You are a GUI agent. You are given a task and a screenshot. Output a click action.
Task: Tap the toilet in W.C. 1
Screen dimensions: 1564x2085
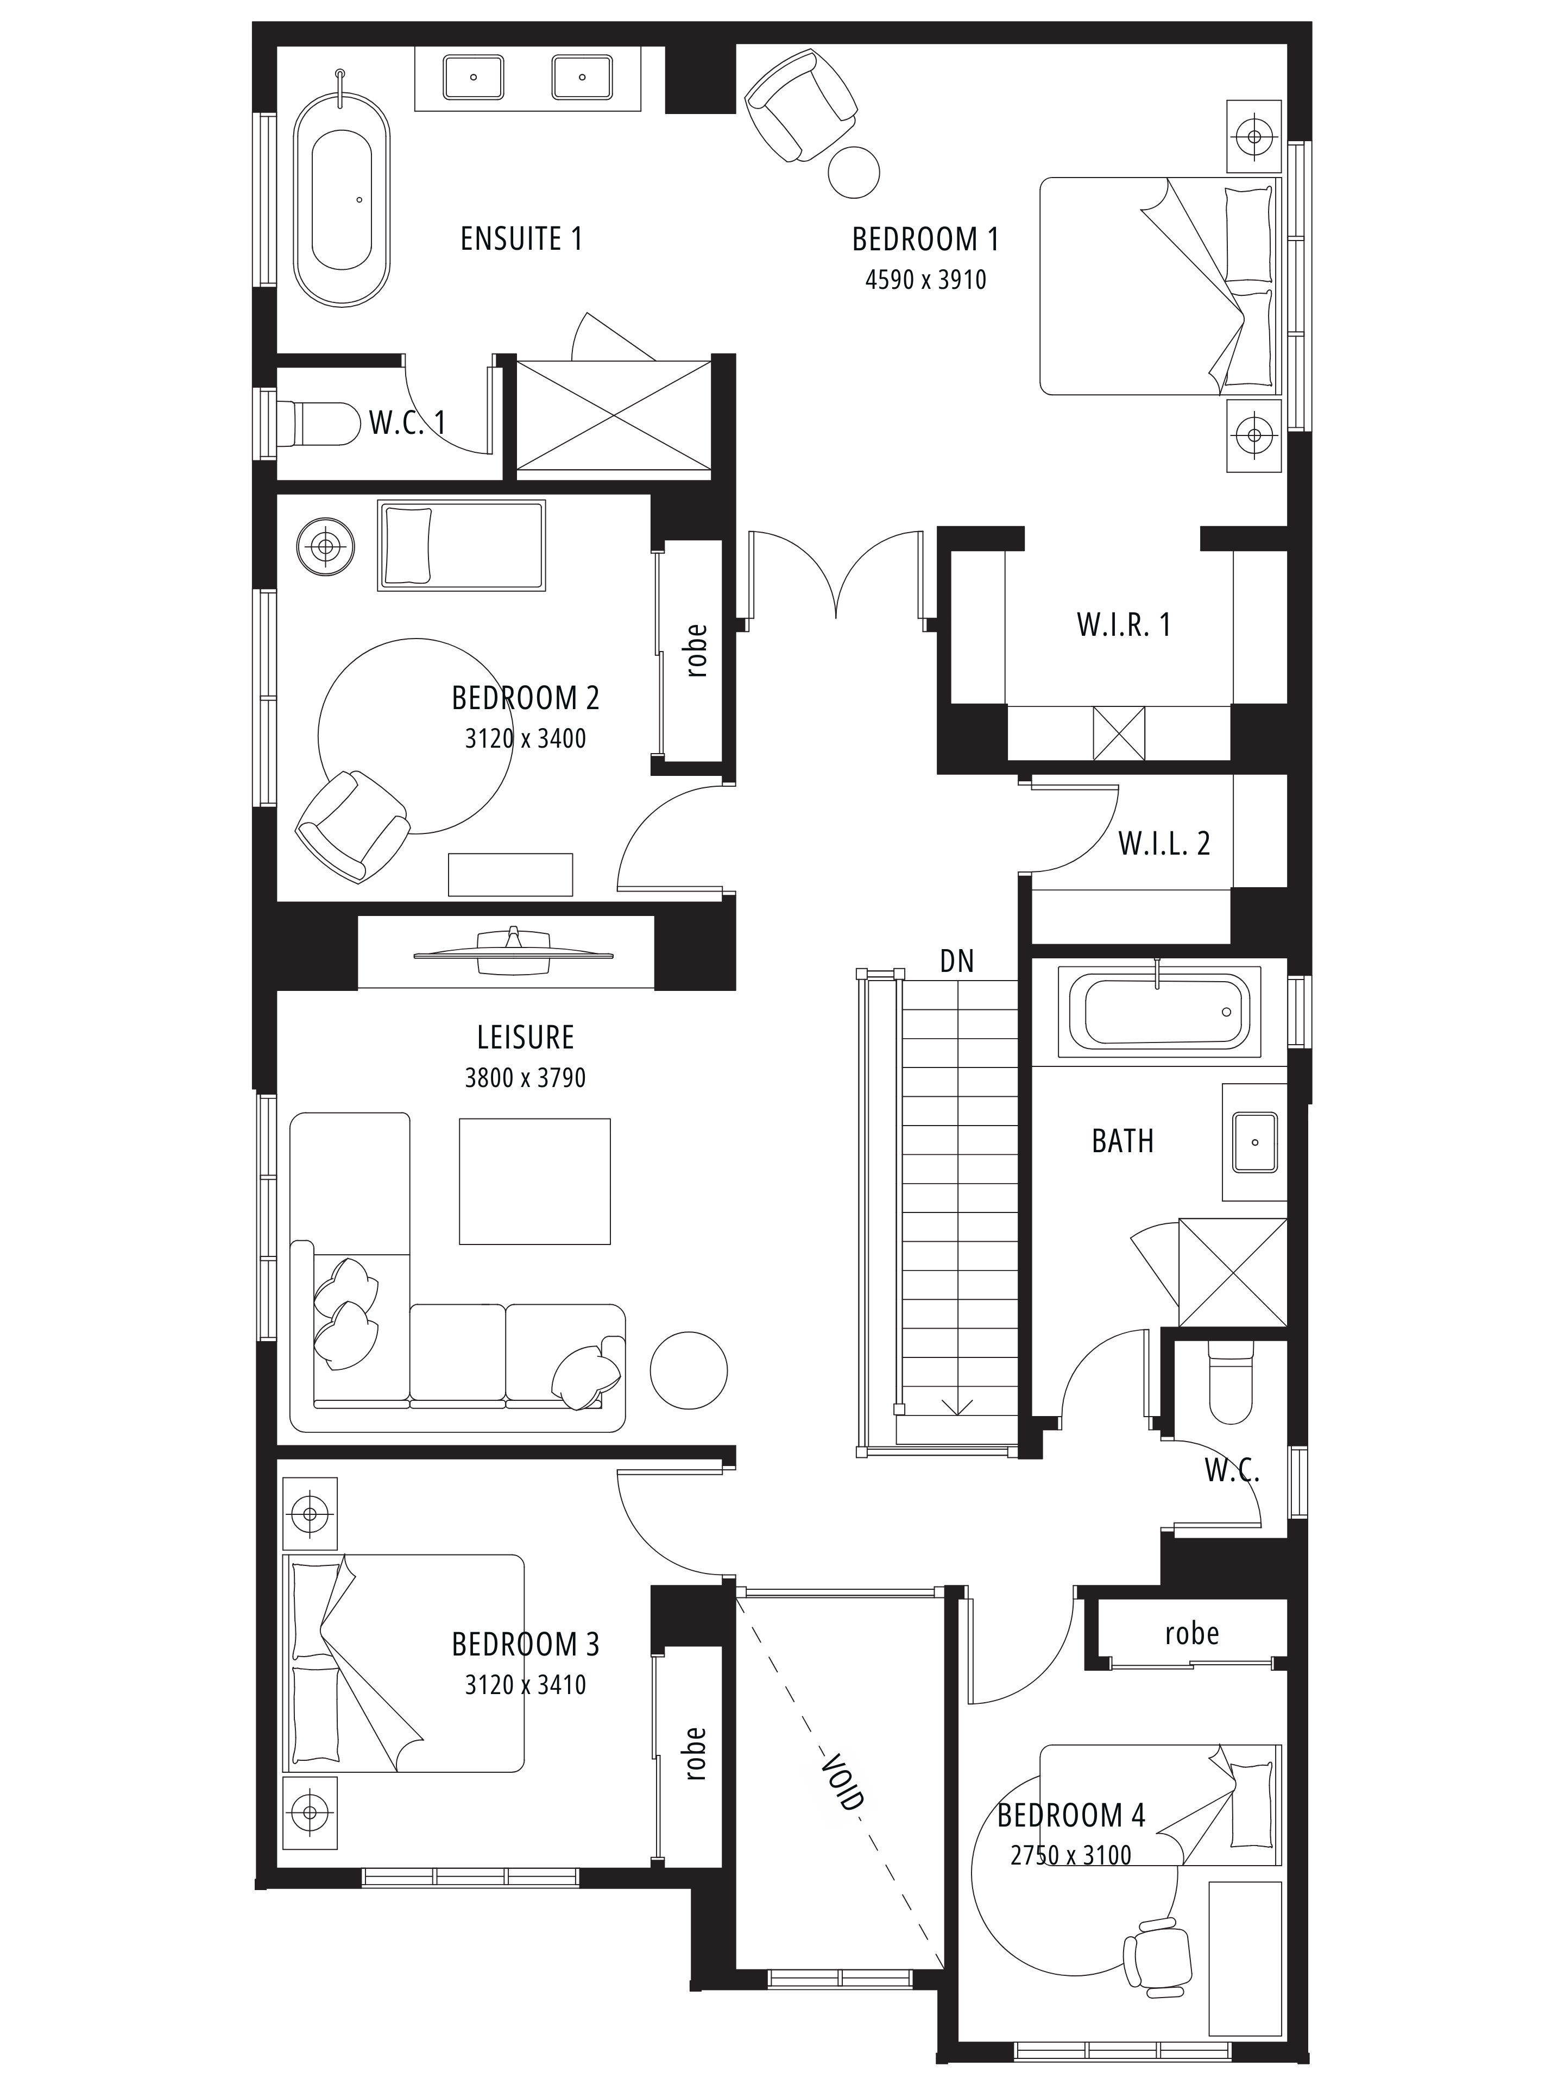click(x=318, y=423)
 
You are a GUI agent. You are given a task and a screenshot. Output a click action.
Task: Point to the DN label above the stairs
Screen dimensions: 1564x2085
click(x=957, y=962)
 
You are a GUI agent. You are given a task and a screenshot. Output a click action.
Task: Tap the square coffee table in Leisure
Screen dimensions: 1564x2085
click(x=534, y=1181)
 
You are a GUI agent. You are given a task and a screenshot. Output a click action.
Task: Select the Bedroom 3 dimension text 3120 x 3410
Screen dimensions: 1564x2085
click(x=525, y=1684)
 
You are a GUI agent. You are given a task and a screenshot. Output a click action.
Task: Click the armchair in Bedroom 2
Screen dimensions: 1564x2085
click(x=352, y=826)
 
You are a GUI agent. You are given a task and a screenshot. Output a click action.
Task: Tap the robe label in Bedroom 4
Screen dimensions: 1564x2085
click(x=1191, y=1633)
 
